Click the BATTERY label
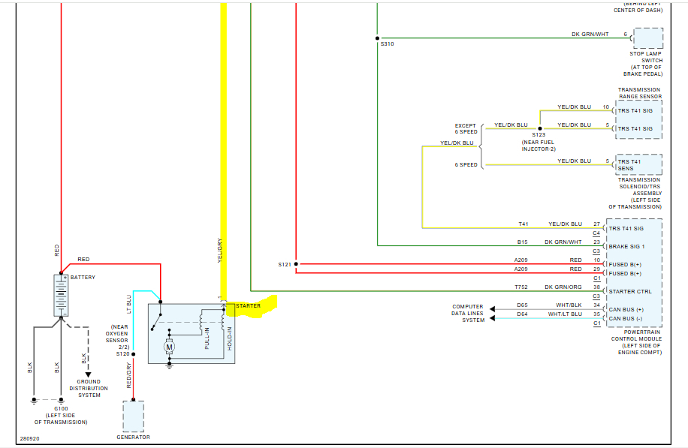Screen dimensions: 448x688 [84, 277]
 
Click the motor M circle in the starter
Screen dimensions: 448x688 [169, 347]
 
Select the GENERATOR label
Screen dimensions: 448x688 [133, 437]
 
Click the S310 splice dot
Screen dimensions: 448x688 [377, 38]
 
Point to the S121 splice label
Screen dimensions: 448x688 [284, 264]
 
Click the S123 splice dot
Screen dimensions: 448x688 [539, 128]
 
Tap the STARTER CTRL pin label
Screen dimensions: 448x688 [629, 291]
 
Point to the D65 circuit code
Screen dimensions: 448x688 [522, 305]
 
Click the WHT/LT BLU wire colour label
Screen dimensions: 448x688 [566, 314]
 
